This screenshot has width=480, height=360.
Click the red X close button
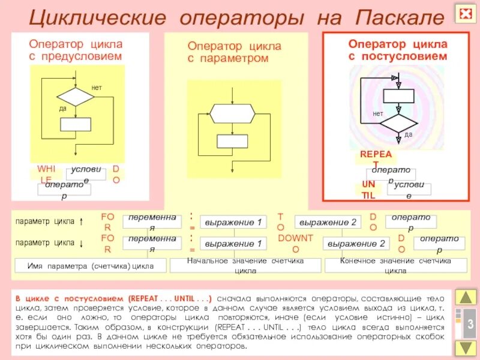tap(465, 13)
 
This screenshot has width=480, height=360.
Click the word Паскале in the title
tap(399, 17)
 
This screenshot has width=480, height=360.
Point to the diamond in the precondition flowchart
tap(76, 97)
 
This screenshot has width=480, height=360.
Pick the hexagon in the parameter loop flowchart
tap(232, 113)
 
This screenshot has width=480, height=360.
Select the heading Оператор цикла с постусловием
tap(398, 50)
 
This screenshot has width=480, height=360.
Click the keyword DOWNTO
tap(295, 243)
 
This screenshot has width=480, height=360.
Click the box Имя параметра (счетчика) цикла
tap(91, 266)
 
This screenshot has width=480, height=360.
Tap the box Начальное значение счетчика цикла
tap(246, 266)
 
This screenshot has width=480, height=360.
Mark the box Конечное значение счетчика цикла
tap(395, 266)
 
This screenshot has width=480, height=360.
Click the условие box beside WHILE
tap(86, 174)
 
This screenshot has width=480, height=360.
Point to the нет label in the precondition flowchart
tap(97, 88)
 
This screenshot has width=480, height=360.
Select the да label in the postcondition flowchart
tap(408, 134)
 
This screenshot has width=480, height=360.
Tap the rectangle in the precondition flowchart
tap(76, 124)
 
